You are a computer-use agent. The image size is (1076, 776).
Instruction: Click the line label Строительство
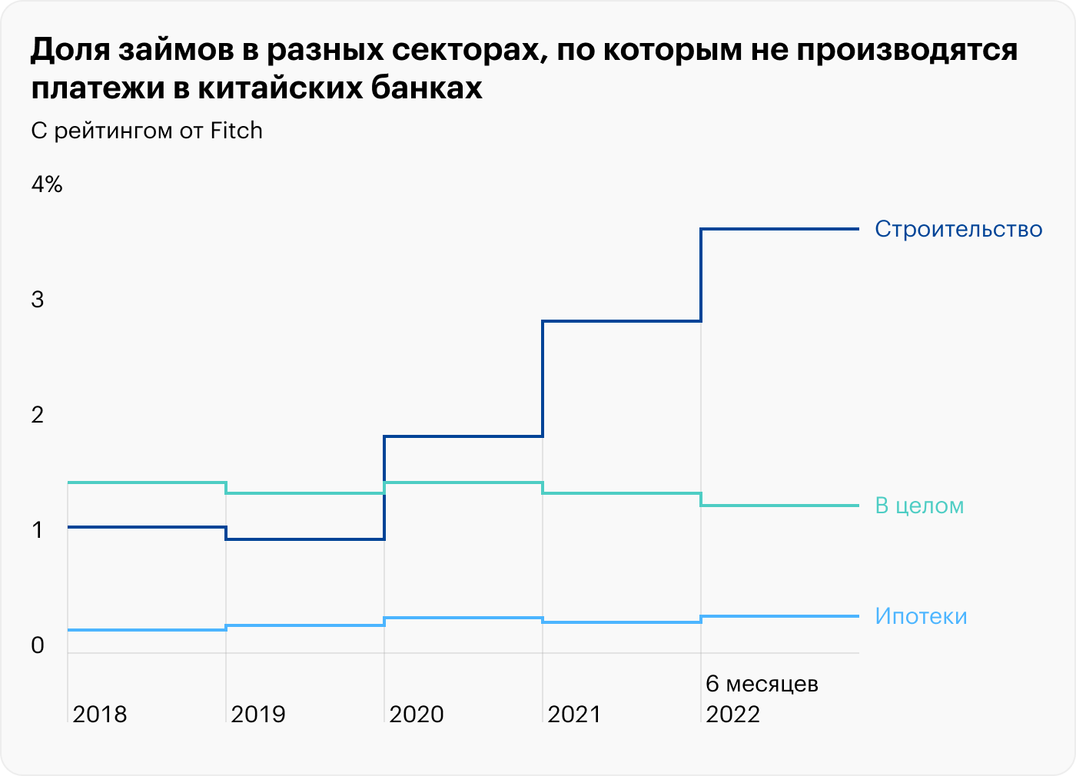958,229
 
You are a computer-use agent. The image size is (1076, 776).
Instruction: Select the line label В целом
919,506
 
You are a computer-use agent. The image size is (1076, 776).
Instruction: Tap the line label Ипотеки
921,616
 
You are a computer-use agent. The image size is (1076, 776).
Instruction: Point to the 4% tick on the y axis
47,184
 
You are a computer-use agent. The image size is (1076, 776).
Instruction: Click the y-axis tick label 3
38,300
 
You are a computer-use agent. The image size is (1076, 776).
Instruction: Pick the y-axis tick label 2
38,415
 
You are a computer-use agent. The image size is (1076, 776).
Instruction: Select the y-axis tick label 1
38,530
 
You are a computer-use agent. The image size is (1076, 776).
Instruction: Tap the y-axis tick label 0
38,645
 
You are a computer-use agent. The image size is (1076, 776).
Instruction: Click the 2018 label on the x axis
100,715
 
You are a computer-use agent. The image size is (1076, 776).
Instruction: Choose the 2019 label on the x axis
258,715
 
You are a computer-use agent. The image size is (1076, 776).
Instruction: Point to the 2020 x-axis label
417,715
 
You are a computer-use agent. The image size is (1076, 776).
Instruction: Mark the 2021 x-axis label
574,715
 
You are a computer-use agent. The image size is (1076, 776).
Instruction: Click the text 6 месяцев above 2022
762,684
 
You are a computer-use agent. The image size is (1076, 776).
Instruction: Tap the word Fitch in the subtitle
237,131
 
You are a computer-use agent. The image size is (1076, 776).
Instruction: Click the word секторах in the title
467,50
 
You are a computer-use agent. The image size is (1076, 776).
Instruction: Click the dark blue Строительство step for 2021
621,321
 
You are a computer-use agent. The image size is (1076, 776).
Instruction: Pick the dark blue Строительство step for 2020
463,436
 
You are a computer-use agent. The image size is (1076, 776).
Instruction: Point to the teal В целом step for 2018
146,483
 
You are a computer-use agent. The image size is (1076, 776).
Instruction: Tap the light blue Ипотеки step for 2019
304,625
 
